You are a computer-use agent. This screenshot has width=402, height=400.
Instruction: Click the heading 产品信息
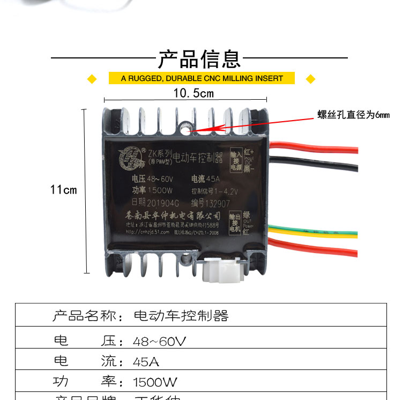199,58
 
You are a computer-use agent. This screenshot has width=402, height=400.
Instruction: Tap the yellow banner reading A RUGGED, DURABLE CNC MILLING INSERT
202,78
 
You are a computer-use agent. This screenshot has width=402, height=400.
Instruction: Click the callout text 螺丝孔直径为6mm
353,114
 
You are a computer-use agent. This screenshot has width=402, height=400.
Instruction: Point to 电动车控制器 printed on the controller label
188,157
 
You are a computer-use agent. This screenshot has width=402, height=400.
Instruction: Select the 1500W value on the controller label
159,191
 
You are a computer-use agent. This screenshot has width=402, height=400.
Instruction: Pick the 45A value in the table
146,362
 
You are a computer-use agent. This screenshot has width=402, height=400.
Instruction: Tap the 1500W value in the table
155,382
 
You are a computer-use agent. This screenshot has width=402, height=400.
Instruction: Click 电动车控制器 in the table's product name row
181,315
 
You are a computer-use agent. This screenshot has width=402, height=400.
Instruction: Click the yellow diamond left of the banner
92,79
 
